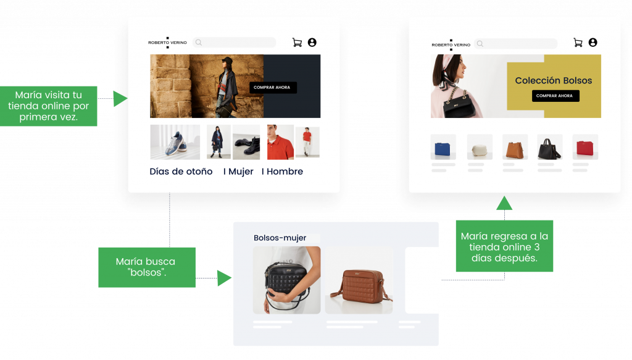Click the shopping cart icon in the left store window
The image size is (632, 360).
297,43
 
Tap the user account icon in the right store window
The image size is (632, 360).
592,43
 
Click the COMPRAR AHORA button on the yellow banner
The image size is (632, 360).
555,96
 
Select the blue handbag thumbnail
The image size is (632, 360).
443,148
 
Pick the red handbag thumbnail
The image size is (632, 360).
585,148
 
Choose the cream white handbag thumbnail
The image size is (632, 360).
479,148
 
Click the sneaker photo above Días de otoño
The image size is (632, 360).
175,142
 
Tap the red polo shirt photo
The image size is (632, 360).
280,142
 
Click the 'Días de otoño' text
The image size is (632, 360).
181,172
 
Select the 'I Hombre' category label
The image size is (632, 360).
282,172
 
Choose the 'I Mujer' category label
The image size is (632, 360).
238,172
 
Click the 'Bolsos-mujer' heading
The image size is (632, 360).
280,238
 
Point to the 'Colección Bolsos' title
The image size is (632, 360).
553,80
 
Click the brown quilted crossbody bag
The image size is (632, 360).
359,280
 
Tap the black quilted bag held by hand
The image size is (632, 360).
286,280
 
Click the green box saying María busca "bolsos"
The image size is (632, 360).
146,267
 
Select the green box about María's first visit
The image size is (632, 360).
49,106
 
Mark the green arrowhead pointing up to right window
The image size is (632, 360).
504,203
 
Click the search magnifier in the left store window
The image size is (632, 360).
199,43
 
